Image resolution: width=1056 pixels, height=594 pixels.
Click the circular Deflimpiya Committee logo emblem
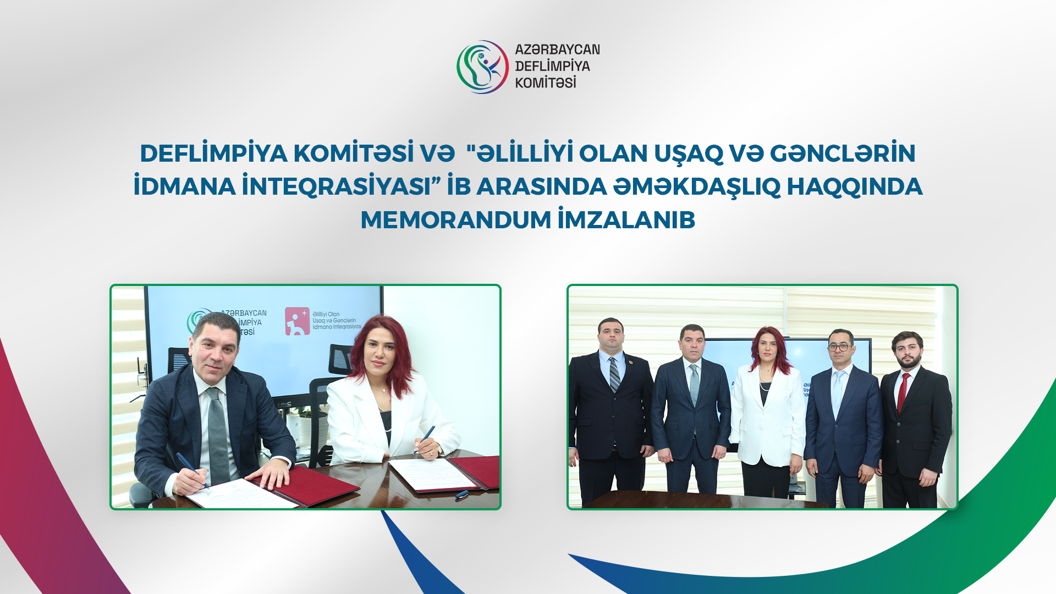pos(482,67)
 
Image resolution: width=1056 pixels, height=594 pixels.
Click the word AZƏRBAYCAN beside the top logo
pos(557,50)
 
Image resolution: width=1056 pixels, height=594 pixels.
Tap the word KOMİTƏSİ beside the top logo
pos(545,83)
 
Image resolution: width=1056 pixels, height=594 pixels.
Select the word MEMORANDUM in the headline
pos(455,220)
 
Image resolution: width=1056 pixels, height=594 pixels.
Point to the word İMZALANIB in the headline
pos(626,220)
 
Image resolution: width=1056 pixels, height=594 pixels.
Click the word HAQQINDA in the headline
pos(854,186)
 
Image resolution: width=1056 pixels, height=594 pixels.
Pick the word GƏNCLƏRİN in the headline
pos(843,153)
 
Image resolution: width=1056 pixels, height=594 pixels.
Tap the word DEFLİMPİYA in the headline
pos(213,153)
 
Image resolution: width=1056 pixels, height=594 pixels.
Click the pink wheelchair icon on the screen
pos(297,321)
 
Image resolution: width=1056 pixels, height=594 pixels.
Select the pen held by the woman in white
pos(425,438)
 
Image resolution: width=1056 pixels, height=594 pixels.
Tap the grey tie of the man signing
pos(218,435)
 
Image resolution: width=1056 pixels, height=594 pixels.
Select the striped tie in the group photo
pos(614,375)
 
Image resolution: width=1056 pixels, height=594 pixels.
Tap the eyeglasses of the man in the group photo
pos(840,347)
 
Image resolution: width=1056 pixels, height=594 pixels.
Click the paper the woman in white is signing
pos(435,472)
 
